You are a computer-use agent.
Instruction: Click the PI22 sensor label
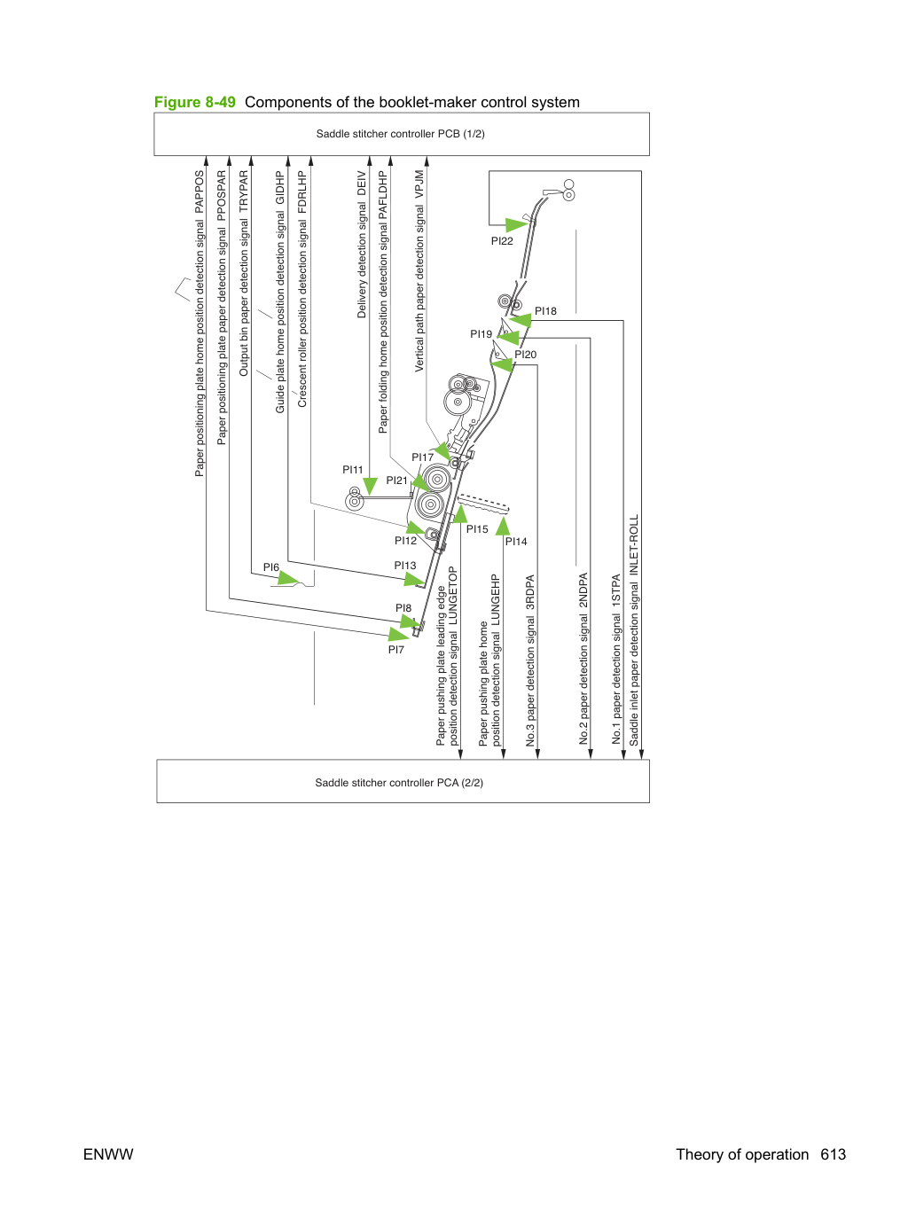502,241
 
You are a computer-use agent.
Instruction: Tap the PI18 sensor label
545,311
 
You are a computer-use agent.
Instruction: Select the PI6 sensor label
271,567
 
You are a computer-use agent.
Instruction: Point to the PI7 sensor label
396,650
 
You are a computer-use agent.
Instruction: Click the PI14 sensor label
516,542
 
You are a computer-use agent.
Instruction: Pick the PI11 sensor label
353,470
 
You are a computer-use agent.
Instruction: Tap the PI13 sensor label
405,566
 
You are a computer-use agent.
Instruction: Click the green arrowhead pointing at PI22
517,225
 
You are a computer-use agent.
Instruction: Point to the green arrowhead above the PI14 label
503,526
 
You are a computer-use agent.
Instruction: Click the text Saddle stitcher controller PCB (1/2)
401,134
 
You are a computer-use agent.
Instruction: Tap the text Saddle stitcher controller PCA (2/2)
399,783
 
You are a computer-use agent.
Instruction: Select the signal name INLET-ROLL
634,546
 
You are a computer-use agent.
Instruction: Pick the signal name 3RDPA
530,592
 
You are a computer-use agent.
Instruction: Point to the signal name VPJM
419,184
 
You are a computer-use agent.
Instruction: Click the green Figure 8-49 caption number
195,102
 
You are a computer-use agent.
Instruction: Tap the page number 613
834,1154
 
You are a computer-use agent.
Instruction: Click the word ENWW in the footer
108,1154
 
